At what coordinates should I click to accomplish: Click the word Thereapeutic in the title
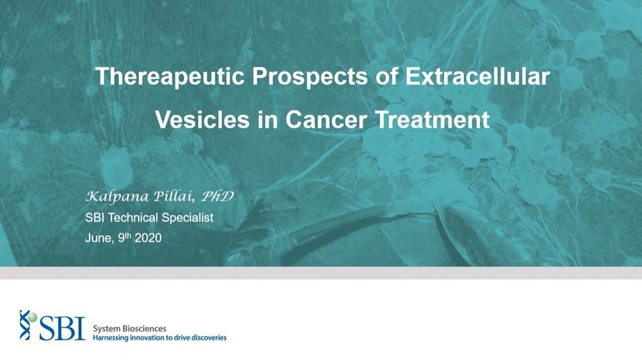point(170,77)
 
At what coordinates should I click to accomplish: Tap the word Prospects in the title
point(310,77)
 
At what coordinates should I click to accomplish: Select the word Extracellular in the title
point(477,76)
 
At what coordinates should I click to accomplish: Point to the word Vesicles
point(202,119)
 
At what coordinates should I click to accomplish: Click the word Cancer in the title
point(326,119)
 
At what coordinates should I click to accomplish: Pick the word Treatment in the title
point(432,119)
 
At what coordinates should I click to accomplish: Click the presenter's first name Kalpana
point(117,197)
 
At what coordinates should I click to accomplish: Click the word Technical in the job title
point(134,218)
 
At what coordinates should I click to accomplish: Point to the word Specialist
point(187,218)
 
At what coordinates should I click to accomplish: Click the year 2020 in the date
point(148,238)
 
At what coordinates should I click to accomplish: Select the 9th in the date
point(124,238)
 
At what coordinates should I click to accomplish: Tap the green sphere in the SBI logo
point(33,317)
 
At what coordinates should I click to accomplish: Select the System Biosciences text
point(129,328)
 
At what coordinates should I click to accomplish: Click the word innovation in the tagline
point(148,338)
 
